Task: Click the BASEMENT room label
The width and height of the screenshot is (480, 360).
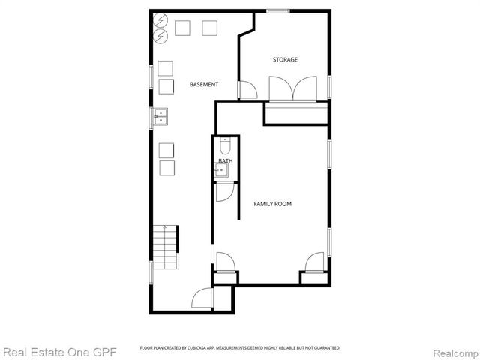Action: [x=204, y=85]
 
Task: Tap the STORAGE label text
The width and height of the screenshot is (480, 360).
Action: [x=285, y=59]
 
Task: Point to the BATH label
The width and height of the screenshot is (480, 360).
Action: [x=225, y=161]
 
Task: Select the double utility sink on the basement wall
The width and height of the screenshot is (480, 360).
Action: [x=160, y=116]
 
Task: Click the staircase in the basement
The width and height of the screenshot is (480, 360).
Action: [x=166, y=247]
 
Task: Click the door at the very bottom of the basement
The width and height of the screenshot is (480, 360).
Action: [x=202, y=298]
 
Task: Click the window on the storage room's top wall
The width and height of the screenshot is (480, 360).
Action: [x=279, y=10]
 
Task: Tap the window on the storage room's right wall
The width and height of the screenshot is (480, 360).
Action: [x=329, y=85]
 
